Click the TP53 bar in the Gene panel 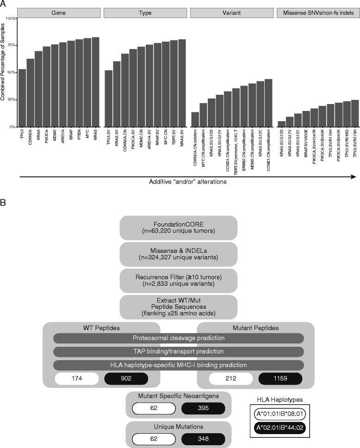click(22, 98)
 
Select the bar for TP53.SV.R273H click(355, 113)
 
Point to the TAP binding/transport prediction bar click(178, 351)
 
